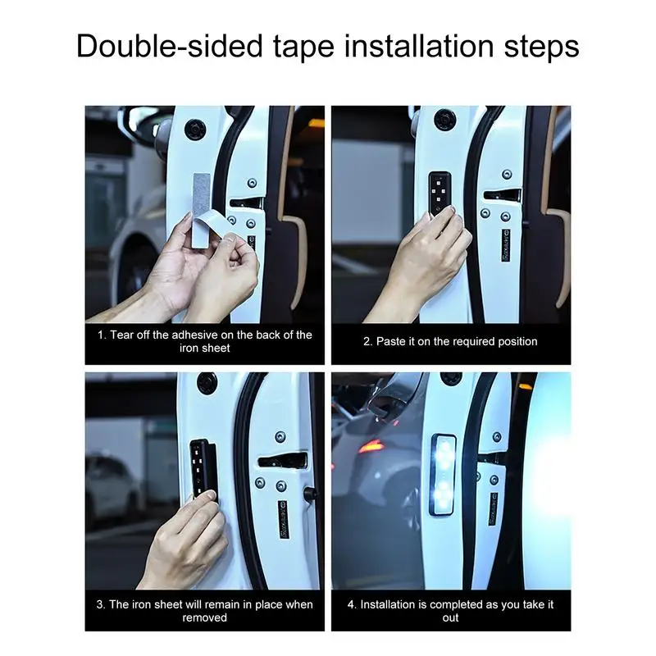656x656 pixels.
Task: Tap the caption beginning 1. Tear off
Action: (x=205, y=341)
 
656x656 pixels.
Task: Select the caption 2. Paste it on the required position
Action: (x=450, y=341)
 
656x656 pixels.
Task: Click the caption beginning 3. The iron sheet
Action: (x=205, y=610)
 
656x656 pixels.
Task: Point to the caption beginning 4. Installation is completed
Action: (x=450, y=610)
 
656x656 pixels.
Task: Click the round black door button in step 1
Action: (x=194, y=129)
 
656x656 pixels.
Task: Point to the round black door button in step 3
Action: (x=207, y=383)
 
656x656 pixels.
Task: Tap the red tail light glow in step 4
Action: (x=371, y=447)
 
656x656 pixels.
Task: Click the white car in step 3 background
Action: (x=111, y=488)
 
